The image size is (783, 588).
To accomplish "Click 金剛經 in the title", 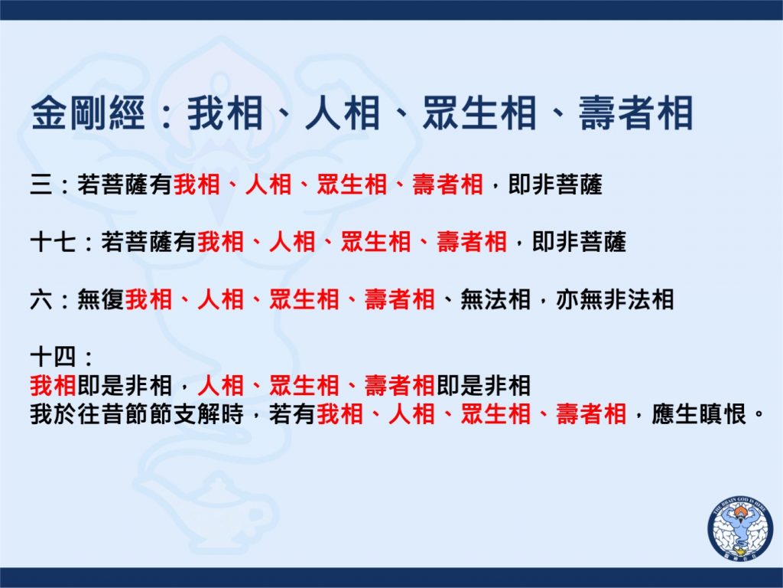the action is [x=88, y=113].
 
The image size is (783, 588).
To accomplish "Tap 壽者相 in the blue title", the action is [x=635, y=113].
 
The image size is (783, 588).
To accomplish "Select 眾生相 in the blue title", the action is [x=479, y=113].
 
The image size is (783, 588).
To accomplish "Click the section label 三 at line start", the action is [x=41, y=185].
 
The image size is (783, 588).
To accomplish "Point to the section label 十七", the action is [x=54, y=242].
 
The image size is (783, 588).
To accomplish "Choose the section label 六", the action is [x=41, y=299].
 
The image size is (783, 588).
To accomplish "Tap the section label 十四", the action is [x=54, y=357].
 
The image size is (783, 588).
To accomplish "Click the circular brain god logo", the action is [x=739, y=528].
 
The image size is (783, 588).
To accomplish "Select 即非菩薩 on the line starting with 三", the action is [x=555, y=185].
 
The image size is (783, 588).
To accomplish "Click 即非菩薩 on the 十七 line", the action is [x=580, y=242].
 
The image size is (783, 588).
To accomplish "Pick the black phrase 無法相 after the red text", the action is [x=495, y=299].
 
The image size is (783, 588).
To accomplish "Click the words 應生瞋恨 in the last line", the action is [x=699, y=414].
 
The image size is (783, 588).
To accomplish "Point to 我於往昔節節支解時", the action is [x=137, y=414].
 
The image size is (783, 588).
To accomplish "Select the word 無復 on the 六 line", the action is [x=100, y=299].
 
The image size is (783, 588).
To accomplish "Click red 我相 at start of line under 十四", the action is [x=54, y=386].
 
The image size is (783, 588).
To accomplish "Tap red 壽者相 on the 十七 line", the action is [x=472, y=242].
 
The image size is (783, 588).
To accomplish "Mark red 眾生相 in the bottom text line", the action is [x=495, y=414].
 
